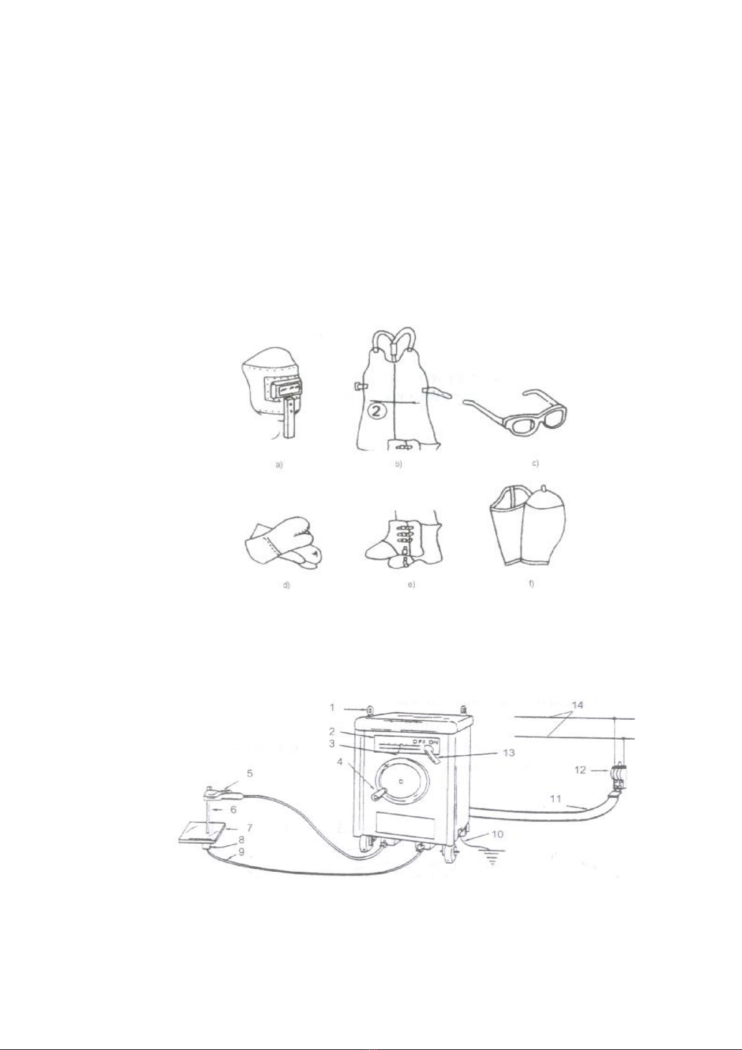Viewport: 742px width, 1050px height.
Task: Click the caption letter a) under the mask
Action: point(279,465)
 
